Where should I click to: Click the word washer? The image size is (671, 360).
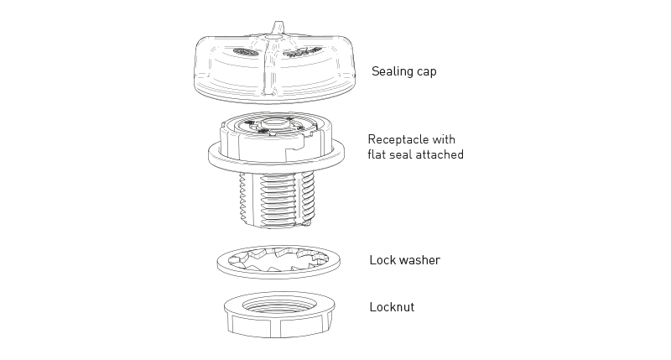pos(419,260)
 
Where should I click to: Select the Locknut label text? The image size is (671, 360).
pos(392,307)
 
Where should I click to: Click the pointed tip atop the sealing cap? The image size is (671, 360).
pos(278,23)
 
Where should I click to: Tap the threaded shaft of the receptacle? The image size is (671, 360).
pos(278,199)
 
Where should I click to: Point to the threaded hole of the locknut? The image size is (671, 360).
pos(279,305)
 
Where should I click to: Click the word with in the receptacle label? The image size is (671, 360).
pos(444,139)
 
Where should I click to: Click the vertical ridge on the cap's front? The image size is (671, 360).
pos(269,69)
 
